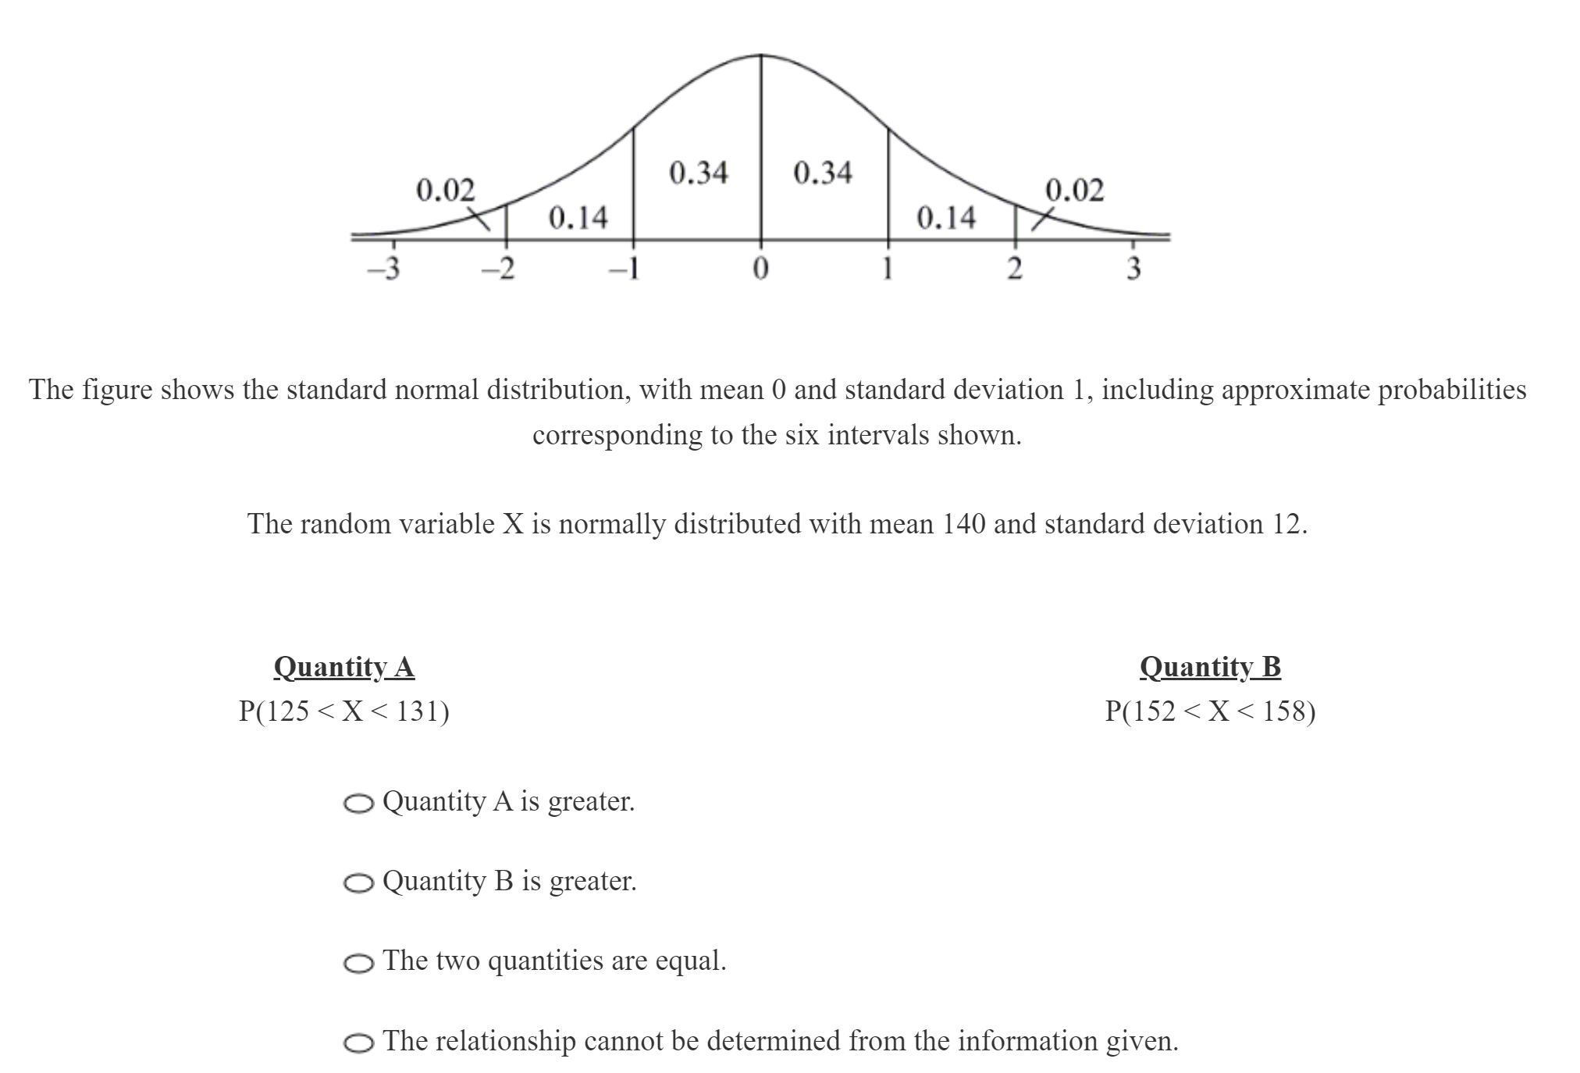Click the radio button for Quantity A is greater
click(358, 804)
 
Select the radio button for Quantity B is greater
click(358, 883)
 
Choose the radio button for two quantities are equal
click(358, 964)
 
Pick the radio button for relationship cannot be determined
click(358, 1043)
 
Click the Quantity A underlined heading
click(343, 667)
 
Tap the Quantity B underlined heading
click(1210, 667)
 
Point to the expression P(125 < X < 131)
click(343, 711)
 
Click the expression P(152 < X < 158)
click(1210, 711)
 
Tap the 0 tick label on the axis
click(760, 269)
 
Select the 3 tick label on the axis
click(1133, 269)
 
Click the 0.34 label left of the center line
click(699, 173)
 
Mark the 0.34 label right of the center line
click(823, 173)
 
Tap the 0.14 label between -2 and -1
click(578, 217)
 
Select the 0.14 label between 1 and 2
click(945, 217)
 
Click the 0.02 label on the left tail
click(445, 190)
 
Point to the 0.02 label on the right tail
click(1075, 190)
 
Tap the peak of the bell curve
click(761, 55)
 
